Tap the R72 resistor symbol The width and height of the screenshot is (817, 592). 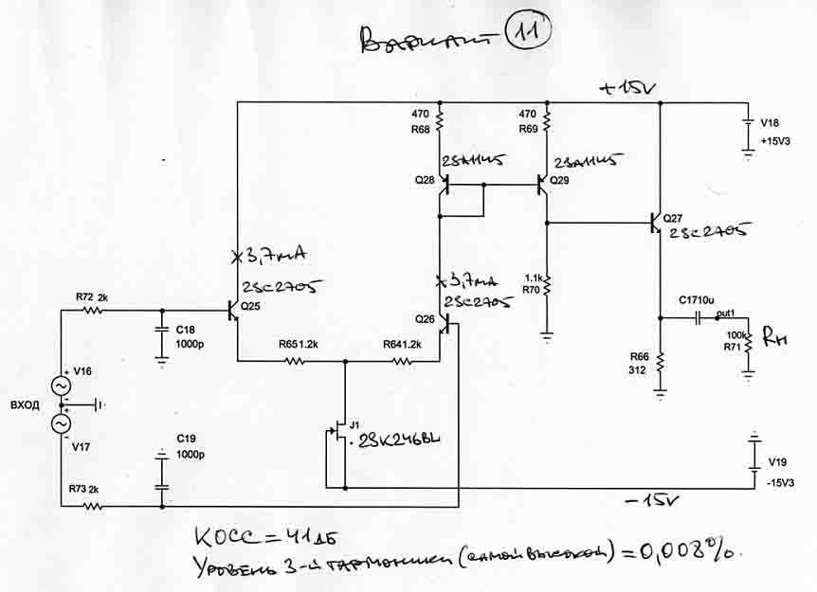tap(93, 310)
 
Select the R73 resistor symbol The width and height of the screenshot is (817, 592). tap(93, 506)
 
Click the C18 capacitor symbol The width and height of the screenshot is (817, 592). tap(161, 331)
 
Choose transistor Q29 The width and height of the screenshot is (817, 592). tap(543, 183)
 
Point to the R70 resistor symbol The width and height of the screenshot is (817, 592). tap(547, 284)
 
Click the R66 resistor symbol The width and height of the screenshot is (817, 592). tap(661, 361)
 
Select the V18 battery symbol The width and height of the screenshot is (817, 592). tap(750, 132)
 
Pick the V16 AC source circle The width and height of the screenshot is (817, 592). tap(61, 386)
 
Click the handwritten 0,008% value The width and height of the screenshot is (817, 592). tap(686, 551)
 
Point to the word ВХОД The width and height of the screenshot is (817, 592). tap(24, 405)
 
